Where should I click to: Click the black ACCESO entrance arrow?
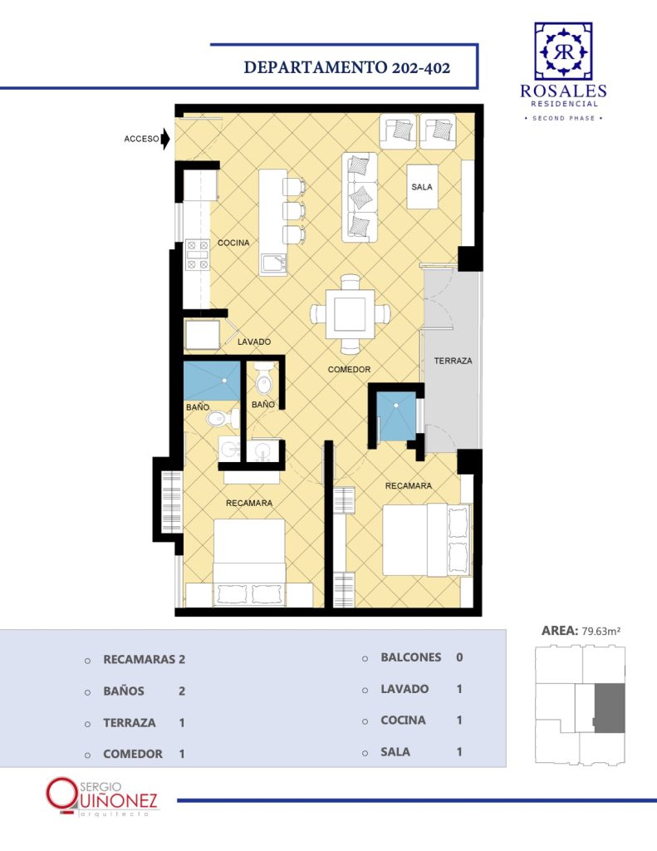[x=165, y=139]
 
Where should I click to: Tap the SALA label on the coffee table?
[x=422, y=187]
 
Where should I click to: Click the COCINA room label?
[x=233, y=243]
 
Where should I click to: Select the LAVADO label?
[x=254, y=342]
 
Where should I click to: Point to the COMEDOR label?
[x=349, y=369]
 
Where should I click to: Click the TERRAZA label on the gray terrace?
[x=453, y=361]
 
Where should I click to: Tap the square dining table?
[x=350, y=314]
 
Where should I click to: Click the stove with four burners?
[x=198, y=254]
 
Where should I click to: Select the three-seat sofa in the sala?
[x=359, y=197]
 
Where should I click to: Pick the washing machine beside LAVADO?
[x=203, y=335]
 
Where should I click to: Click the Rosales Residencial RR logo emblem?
[x=563, y=52]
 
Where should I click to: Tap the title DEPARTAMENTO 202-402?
[x=347, y=67]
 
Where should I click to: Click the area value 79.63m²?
[x=601, y=632]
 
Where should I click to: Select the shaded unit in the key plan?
[x=610, y=708]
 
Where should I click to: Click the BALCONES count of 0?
[x=459, y=657]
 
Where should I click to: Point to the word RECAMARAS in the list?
[x=140, y=659]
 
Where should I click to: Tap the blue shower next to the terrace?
[x=396, y=416]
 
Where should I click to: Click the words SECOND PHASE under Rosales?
[x=564, y=118]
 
